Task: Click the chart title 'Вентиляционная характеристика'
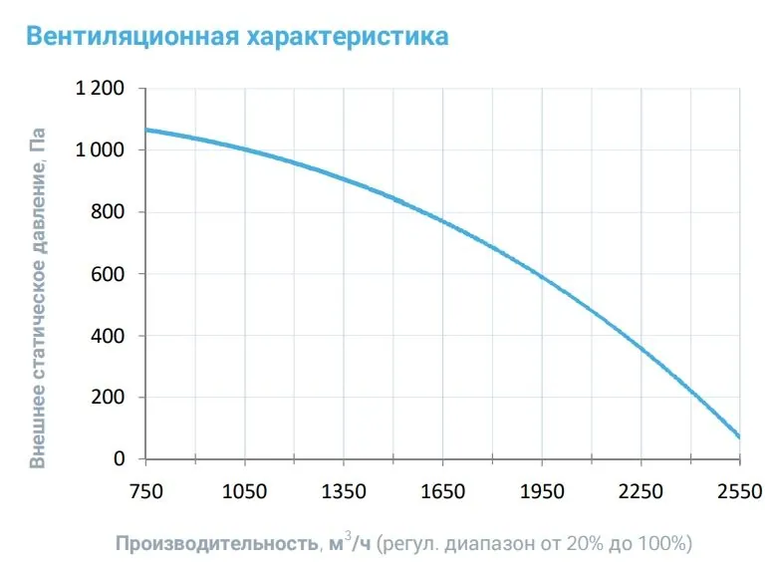coord(237,37)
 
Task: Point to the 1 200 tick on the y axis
coord(100,89)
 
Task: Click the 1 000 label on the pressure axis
coord(100,150)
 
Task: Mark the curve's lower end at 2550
coord(738,436)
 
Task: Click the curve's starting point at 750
coord(147,130)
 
